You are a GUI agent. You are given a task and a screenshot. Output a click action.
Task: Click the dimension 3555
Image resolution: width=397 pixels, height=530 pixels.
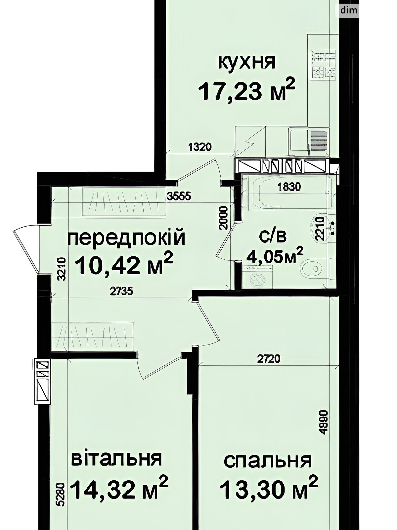pyautogui.click(x=179, y=196)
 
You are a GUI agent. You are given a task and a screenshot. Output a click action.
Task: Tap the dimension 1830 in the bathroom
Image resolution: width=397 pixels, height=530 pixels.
pyautogui.click(x=289, y=187)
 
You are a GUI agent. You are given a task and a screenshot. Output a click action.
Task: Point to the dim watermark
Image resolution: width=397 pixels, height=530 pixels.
pyautogui.click(x=349, y=10)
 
